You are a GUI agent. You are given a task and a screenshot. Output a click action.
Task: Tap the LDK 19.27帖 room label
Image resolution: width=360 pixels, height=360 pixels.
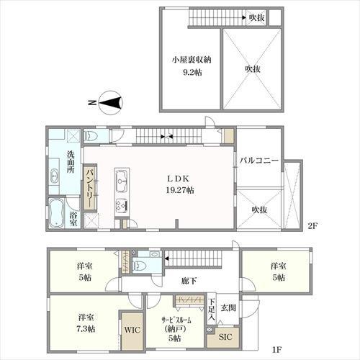(x=180, y=184)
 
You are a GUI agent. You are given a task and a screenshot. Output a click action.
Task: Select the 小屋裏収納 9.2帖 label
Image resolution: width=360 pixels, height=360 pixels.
(x=192, y=66)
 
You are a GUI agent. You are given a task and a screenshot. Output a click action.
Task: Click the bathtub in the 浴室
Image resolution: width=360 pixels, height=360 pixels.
(x=56, y=213)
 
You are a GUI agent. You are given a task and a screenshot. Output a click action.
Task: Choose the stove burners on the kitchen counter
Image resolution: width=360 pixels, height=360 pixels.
(x=122, y=205)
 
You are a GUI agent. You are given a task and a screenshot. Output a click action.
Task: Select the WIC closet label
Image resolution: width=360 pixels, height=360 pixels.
(x=132, y=330)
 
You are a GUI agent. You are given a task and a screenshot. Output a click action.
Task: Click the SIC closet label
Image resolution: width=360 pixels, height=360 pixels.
(x=225, y=337)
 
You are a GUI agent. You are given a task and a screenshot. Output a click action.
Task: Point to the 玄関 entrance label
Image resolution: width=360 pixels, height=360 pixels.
(x=228, y=307)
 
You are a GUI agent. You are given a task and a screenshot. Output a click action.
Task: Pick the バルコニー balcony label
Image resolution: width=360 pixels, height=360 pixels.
(x=259, y=161)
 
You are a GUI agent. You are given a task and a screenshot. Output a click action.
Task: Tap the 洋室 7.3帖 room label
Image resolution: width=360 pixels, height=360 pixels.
(x=86, y=323)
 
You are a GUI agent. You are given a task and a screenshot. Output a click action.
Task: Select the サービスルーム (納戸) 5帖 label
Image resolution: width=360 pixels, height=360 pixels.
(x=176, y=329)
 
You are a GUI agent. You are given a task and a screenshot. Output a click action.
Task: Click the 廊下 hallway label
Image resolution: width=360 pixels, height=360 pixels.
(x=189, y=281)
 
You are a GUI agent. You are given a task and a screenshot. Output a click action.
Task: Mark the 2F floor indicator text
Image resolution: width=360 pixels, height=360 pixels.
(x=312, y=226)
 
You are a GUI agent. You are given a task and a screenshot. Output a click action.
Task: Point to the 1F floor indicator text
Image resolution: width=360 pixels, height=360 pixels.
(x=276, y=349)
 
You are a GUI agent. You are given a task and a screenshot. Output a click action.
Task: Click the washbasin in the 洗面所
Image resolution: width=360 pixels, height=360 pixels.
(x=55, y=177)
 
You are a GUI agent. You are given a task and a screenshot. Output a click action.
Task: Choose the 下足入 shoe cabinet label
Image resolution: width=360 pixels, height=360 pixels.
(x=212, y=310)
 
